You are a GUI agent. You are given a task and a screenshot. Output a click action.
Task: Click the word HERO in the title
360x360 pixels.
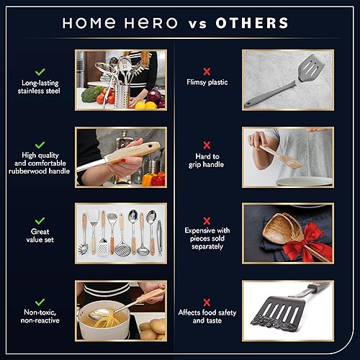[x=150, y=22]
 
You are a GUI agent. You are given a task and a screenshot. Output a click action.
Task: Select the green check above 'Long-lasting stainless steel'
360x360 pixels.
[x=40, y=72]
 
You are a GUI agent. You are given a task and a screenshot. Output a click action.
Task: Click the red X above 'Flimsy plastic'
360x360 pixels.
[x=207, y=71]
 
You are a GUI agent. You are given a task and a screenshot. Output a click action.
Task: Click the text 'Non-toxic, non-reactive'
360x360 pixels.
[x=40, y=315]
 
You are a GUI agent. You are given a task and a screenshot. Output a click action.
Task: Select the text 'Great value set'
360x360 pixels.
[x=40, y=235]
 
